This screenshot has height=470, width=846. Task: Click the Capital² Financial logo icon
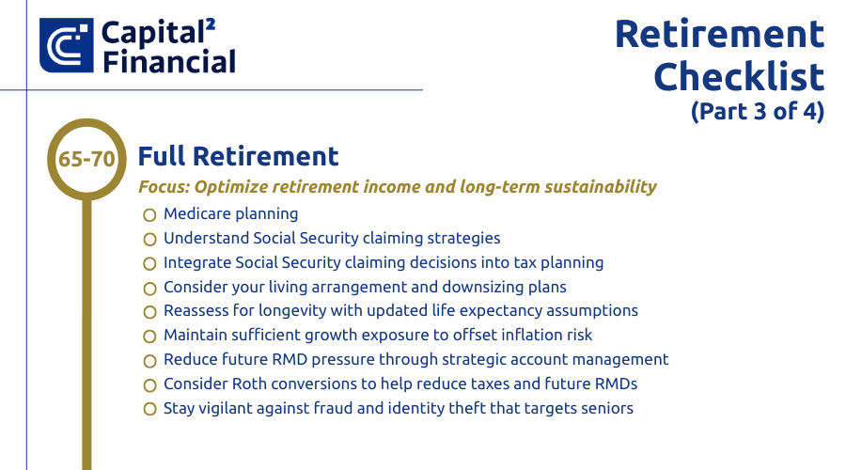tap(67, 45)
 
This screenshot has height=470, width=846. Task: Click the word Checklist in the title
tap(739, 76)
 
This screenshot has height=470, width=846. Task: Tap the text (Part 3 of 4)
tap(757, 110)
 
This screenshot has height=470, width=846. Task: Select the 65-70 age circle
tap(86, 159)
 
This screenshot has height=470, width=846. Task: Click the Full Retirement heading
tap(238, 156)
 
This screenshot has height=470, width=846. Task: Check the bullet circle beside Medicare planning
tap(149, 215)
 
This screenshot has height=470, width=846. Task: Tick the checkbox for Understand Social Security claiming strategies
tap(149, 240)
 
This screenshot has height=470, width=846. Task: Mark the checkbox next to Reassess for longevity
tap(149, 312)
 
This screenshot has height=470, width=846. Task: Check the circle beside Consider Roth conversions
tap(149, 385)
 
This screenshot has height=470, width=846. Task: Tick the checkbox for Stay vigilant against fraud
tap(149, 410)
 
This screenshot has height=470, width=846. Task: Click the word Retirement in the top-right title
tap(719, 34)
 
